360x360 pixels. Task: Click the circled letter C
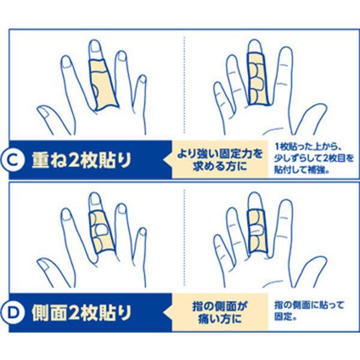pos(13,160)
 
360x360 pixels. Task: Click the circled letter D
pos(13,313)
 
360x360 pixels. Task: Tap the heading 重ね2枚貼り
pos(82,160)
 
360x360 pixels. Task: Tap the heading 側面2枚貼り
pos(82,313)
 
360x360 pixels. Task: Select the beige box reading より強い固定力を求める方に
pos(220,160)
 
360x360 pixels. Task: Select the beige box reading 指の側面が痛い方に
pos(220,313)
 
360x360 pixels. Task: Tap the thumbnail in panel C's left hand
pos(46,112)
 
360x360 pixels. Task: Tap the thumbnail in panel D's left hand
pos(46,265)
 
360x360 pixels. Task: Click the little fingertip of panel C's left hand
pos(143,79)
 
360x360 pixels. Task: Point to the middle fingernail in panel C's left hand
pos(95,47)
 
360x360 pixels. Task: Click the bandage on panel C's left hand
pos(103,85)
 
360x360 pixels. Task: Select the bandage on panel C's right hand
pos(258,79)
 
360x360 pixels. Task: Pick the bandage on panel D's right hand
pos(257,231)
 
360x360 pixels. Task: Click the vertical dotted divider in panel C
pos(184,85)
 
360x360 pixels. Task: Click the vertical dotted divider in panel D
pos(184,238)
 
